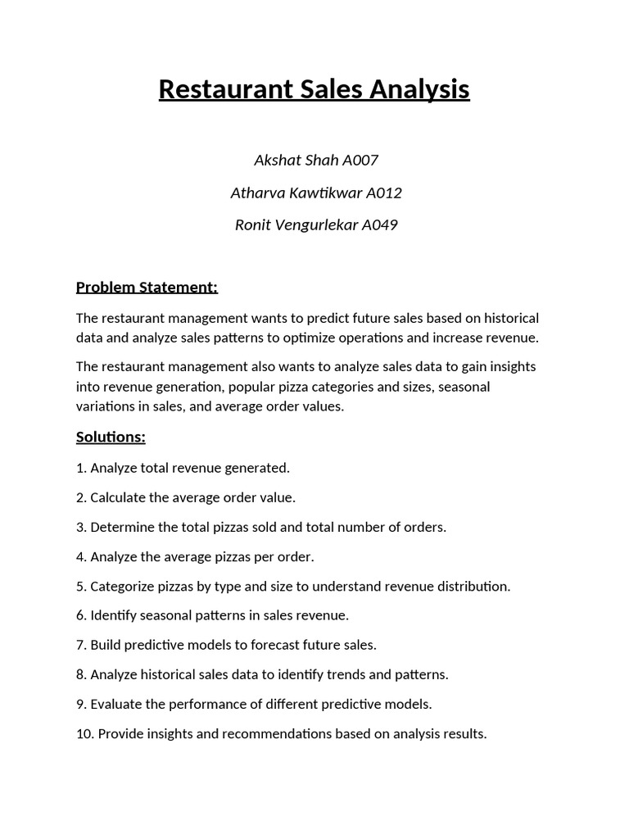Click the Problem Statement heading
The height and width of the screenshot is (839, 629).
click(x=147, y=287)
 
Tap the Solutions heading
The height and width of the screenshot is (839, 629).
click(x=111, y=437)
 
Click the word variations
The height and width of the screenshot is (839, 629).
click(x=106, y=406)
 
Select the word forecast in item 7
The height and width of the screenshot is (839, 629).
click(x=280, y=645)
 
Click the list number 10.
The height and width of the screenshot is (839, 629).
click(x=84, y=733)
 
